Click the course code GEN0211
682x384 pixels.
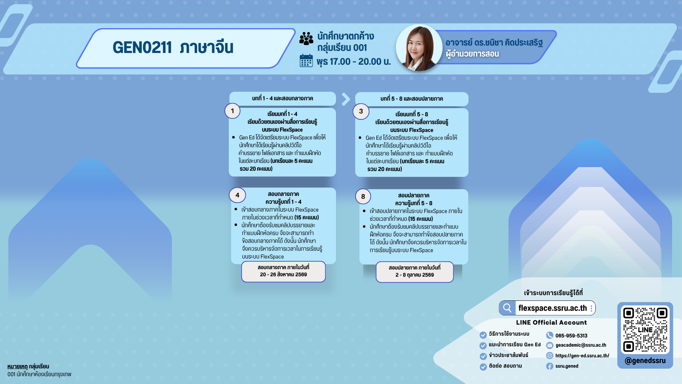[142, 47]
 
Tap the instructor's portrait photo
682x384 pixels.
[419, 48]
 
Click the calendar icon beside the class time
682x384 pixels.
[306, 60]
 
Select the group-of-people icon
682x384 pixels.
[306, 38]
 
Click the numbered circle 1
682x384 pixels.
[232, 111]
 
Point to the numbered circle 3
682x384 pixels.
[361, 111]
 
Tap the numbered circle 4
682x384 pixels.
[237, 195]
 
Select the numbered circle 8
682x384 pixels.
[363, 197]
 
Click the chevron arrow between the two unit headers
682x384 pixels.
[346, 99]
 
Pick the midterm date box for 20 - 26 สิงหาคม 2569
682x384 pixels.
[283, 272]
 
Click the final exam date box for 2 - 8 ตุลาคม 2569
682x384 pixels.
[415, 272]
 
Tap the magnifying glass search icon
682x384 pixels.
[507, 308]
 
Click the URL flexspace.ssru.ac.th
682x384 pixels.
[552, 308]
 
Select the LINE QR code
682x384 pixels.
[645, 330]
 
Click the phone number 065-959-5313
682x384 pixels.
[571, 336]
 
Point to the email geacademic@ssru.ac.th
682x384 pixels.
[581, 345]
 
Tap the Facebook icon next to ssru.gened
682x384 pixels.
[550, 366]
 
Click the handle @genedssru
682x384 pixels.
[645, 361]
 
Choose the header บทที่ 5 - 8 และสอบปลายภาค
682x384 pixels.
[412, 99]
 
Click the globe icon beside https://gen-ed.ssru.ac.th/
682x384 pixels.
[550, 356]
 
